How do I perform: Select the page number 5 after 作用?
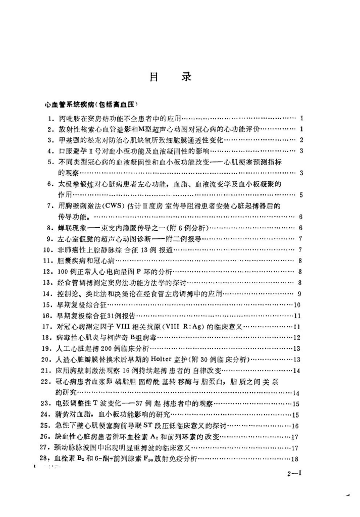[300, 194]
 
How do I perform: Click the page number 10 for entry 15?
[297, 304]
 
